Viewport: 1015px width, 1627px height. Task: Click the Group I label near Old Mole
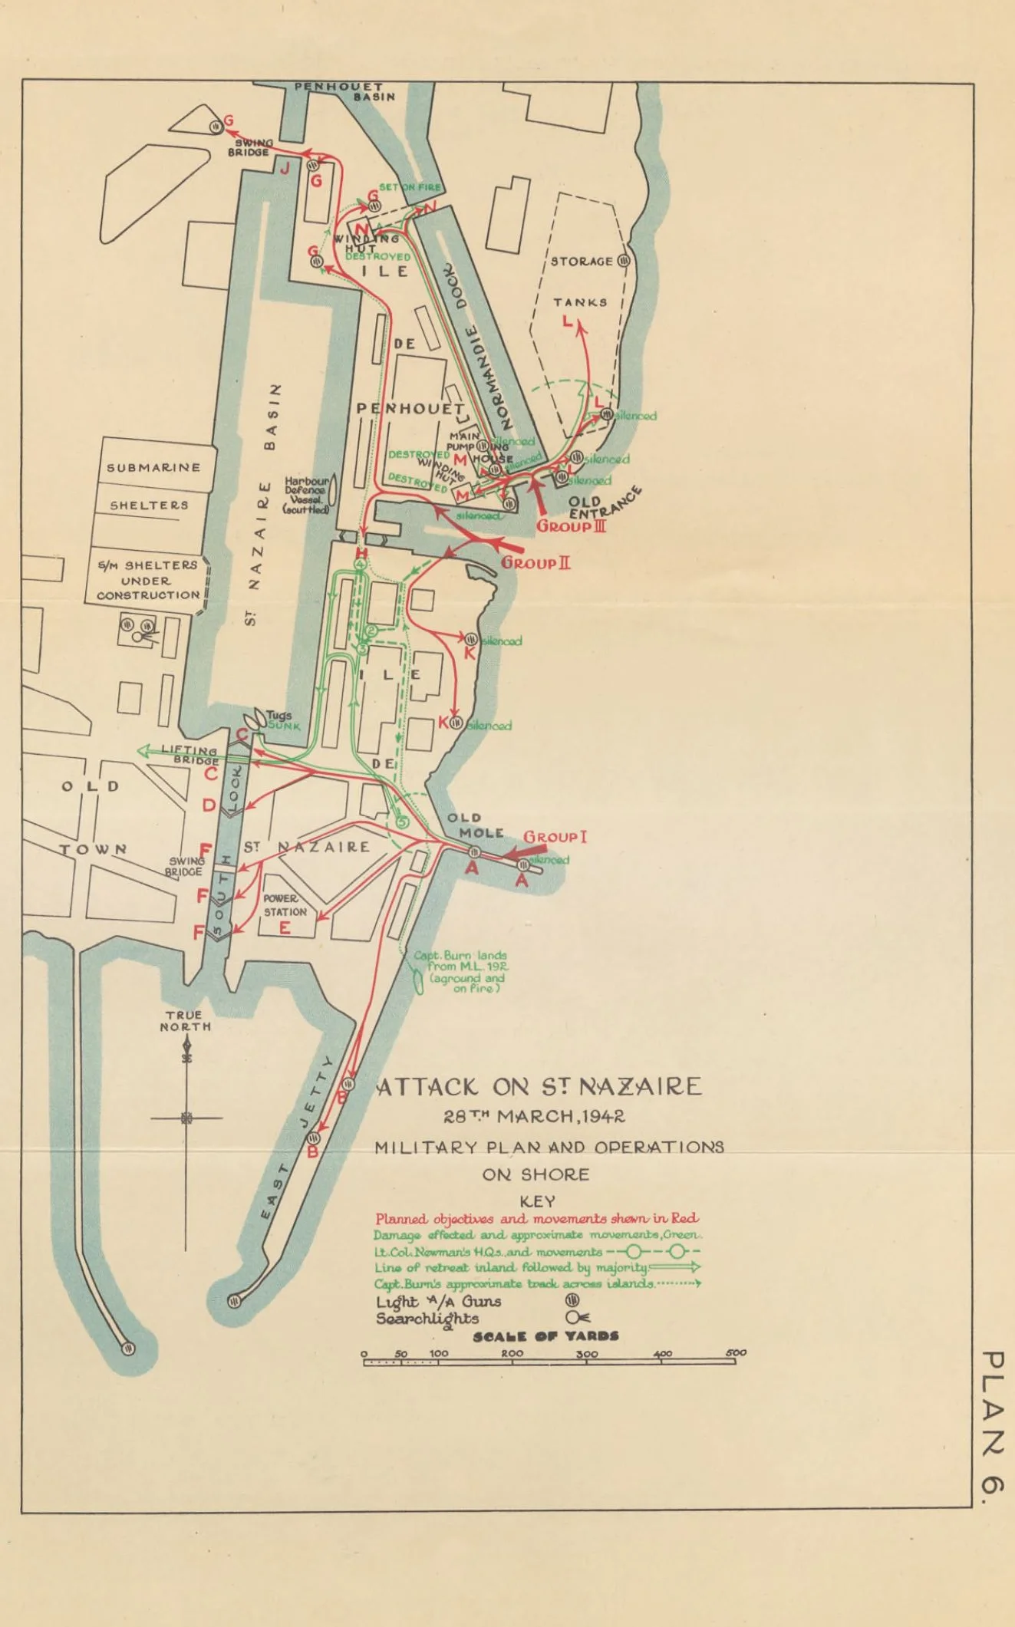[555, 837]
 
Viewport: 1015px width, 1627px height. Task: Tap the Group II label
[536, 563]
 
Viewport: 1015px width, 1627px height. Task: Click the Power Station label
[285, 905]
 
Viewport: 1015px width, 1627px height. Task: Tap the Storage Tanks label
[582, 281]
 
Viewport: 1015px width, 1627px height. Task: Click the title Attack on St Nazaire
[539, 1087]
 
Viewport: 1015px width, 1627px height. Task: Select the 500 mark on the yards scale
[735, 1352]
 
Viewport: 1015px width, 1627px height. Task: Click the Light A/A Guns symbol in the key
[572, 1300]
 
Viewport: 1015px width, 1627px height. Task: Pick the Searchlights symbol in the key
[576, 1317]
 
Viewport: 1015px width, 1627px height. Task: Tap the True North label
[185, 1021]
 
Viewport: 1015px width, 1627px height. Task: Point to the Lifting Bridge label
[189, 755]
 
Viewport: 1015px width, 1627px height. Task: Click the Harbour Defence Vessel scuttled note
[307, 495]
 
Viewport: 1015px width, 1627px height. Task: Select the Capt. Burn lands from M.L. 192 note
[460, 972]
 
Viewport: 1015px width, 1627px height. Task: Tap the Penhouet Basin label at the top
[346, 91]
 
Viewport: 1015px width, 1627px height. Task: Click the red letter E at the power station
[285, 928]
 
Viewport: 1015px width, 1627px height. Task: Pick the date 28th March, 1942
[534, 1116]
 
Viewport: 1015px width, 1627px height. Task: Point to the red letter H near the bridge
[361, 554]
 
